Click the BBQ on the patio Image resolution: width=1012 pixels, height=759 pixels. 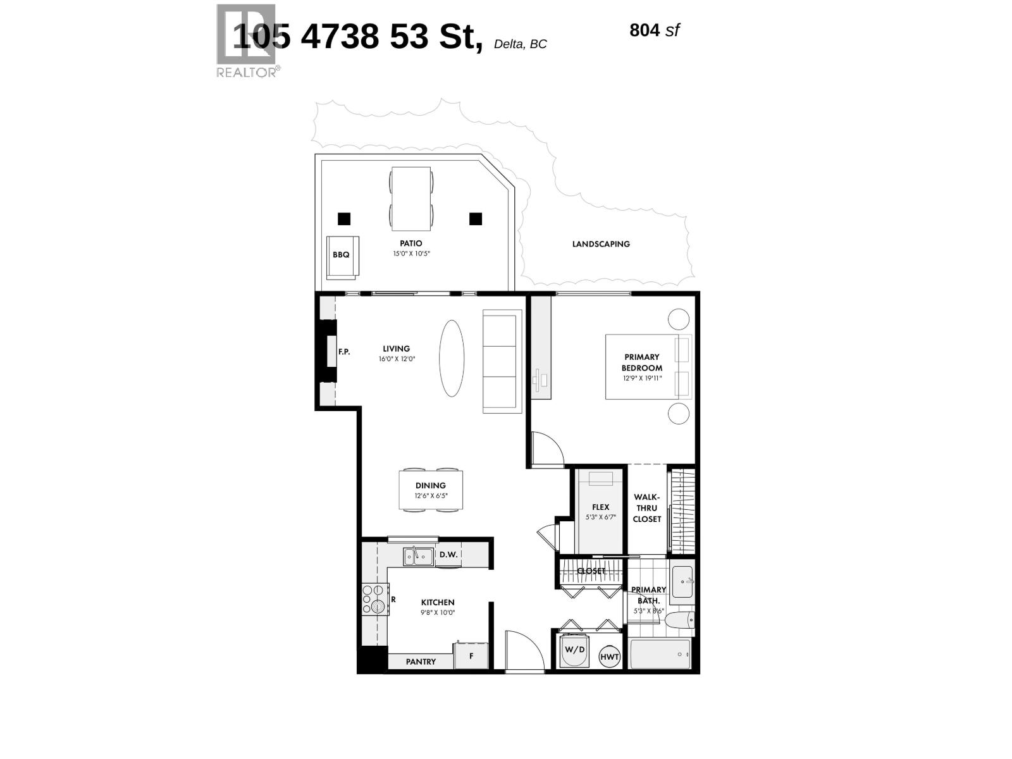click(342, 257)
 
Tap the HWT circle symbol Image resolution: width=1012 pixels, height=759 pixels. click(610, 657)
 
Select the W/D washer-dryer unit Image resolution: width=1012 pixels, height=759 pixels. click(575, 651)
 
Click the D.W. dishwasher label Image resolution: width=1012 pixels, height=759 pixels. click(448, 555)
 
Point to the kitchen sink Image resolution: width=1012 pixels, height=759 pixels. click(419, 557)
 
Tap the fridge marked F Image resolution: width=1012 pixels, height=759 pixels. click(471, 656)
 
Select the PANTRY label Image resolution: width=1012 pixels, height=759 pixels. click(421, 662)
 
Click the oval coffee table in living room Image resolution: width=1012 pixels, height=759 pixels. click(452, 358)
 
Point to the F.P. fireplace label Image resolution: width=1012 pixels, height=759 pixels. click(344, 352)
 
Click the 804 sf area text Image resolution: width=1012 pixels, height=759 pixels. click(654, 30)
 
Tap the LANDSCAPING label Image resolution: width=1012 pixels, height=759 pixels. click(601, 244)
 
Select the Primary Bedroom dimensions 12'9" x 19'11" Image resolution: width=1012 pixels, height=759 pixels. click(642, 378)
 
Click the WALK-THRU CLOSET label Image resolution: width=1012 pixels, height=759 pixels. click(647, 508)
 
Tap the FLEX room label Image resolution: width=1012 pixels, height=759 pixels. click(600, 507)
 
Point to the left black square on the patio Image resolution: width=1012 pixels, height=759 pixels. click(343, 219)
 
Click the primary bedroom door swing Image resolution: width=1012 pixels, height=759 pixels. click(547, 449)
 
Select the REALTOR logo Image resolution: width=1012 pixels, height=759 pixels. click(247, 42)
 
